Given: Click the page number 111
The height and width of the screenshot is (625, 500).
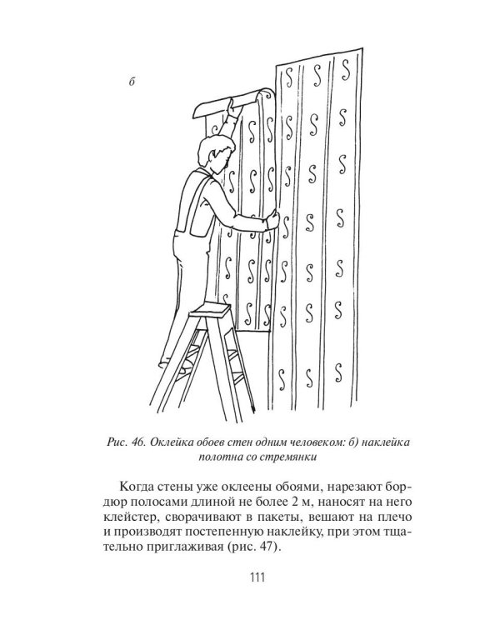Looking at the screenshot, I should point(249,577).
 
